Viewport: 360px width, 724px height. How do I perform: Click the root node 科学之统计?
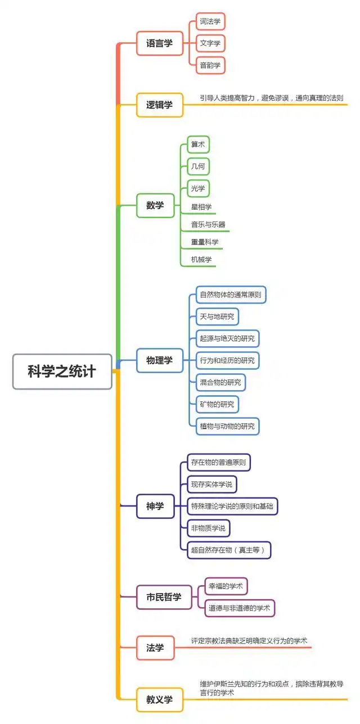[62, 372]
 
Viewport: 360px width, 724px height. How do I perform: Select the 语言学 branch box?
[160, 43]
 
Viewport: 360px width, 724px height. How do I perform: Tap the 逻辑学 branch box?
[160, 105]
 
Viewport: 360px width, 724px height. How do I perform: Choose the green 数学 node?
[155, 205]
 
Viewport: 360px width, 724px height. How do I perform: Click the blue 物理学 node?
[160, 360]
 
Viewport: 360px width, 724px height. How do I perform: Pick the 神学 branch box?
[155, 506]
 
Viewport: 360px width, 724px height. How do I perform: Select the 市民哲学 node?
[164, 597]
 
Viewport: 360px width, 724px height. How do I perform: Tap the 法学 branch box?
[155, 648]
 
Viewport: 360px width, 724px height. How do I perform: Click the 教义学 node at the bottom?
[160, 700]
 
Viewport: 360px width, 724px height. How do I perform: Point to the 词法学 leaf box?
[210, 21]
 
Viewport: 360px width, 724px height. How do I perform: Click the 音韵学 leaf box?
[210, 65]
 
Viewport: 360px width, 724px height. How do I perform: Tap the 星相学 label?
[201, 207]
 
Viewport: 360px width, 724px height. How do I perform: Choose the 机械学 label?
[201, 259]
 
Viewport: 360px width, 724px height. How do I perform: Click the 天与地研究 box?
[217, 316]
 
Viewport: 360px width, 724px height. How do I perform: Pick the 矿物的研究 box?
[217, 404]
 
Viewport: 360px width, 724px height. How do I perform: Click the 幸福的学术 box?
[226, 586]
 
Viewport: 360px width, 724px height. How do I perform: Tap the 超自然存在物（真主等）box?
[229, 549]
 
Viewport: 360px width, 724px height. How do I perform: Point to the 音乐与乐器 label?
[208, 224]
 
